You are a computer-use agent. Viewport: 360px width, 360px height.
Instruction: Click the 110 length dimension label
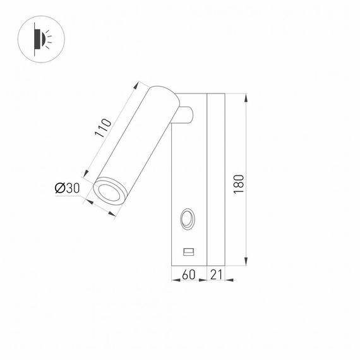104,130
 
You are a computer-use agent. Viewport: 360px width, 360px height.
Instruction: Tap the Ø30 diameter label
67,188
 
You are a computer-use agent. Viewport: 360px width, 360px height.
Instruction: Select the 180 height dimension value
238,183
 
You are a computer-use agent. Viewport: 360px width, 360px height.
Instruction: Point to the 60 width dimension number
188,275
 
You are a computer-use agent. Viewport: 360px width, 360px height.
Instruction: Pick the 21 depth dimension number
215,275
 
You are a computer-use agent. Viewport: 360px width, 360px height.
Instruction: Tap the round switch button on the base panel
188,220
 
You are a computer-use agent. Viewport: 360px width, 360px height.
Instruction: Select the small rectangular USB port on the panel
188,252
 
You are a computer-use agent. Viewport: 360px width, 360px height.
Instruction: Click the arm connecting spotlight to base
186,116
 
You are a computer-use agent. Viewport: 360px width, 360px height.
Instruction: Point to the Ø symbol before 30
59,188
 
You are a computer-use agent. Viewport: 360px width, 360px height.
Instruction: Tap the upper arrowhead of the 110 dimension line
137,83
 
